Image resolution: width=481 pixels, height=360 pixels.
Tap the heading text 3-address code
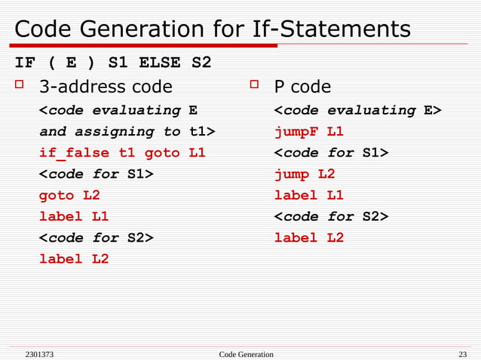click(x=106, y=87)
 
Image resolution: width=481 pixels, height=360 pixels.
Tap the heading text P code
click(x=302, y=87)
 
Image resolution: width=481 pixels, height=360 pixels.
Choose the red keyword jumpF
click(x=296, y=132)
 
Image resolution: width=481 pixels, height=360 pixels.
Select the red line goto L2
click(x=69, y=195)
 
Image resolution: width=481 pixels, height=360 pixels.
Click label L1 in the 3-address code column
click(x=74, y=216)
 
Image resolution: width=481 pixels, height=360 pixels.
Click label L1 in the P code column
click(x=308, y=195)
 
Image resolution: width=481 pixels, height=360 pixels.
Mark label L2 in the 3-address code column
click(x=74, y=258)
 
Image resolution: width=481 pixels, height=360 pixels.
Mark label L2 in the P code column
click(x=308, y=237)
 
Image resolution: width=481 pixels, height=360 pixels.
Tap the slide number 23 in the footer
click(x=462, y=354)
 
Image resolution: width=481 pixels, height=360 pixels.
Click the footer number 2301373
click(x=38, y=354)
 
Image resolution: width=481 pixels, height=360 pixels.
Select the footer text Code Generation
click(x=246, y=354)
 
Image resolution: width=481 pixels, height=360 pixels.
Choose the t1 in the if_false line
click(x=127, y=153)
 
